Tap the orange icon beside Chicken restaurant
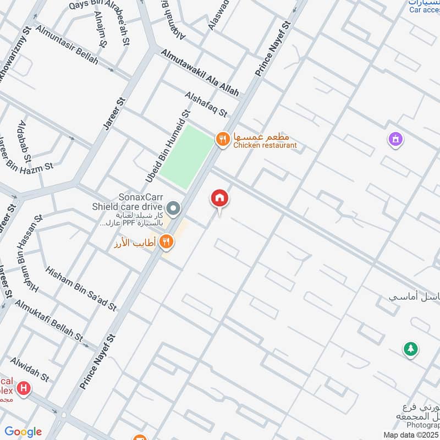[x=222, y=140]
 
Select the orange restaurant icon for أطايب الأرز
[x=167, y=241]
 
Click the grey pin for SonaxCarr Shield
[x=174, y=208]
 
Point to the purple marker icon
[x=395, y=140]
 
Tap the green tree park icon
[x=410, y=349]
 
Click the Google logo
[x=23, y=431]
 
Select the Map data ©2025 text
[x=411, y=435]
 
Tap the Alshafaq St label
[x=206, y=105]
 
